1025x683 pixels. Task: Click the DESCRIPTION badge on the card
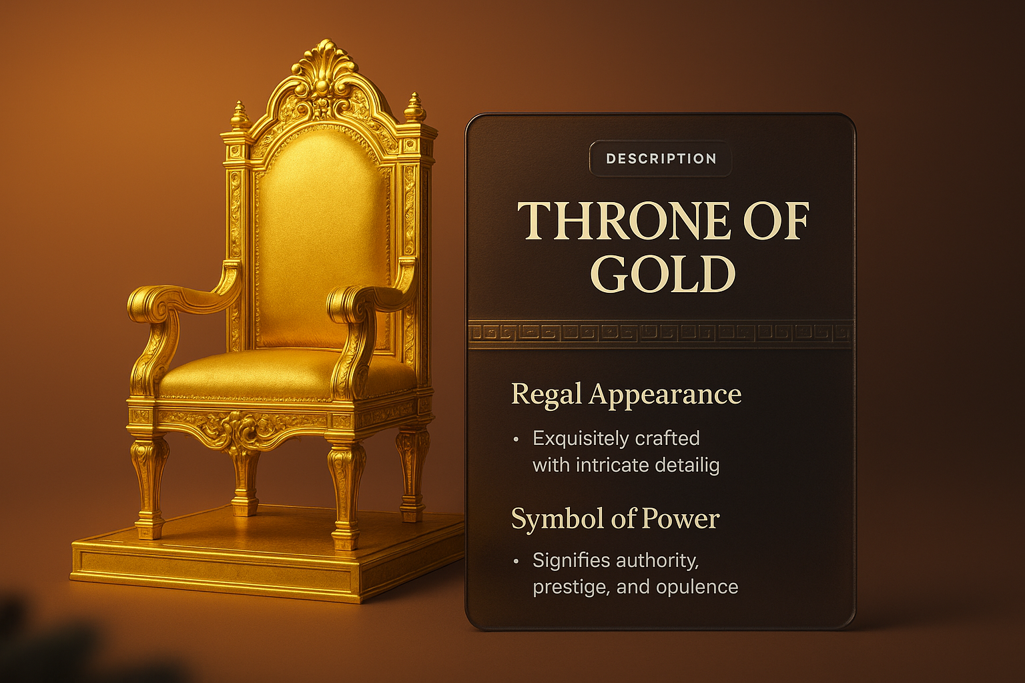click(x=661, y=159)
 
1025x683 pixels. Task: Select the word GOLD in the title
click(x=663, y=273)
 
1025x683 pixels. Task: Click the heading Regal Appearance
click(x=626, y=394)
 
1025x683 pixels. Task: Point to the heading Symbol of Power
click(x=615, y=519)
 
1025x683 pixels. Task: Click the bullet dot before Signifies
click(x=516, y=562)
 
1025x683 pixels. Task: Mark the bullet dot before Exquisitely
click(x=516, y=440)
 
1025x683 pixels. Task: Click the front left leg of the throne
click(x=150, y=487)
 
